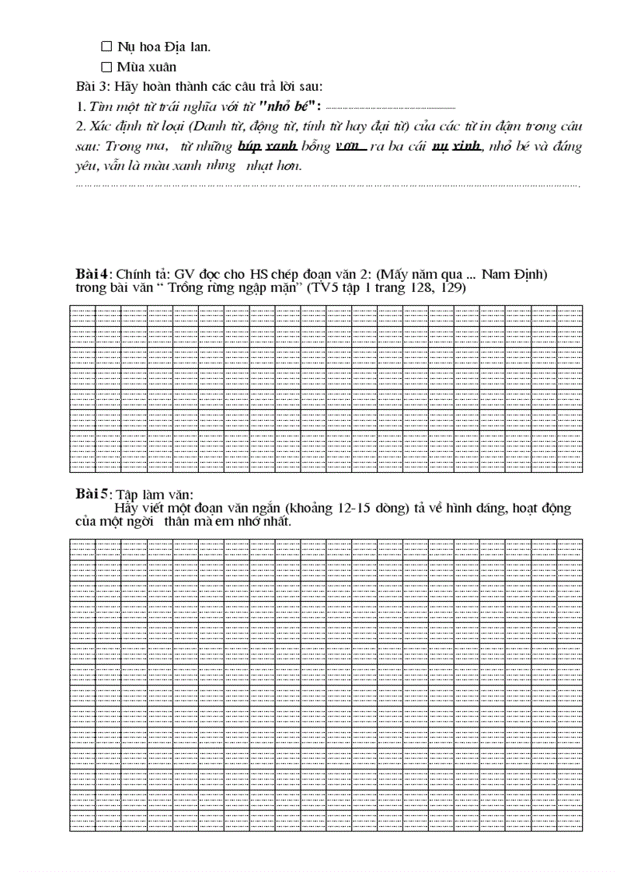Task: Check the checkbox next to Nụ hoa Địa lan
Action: [106, 47]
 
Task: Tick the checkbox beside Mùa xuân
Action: [106, 67]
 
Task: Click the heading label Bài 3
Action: [92, 86]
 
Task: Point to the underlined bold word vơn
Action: [350, 146]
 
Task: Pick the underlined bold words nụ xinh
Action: [456, 146]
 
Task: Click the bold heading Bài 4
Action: [92, 274]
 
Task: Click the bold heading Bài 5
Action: [92, 495]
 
